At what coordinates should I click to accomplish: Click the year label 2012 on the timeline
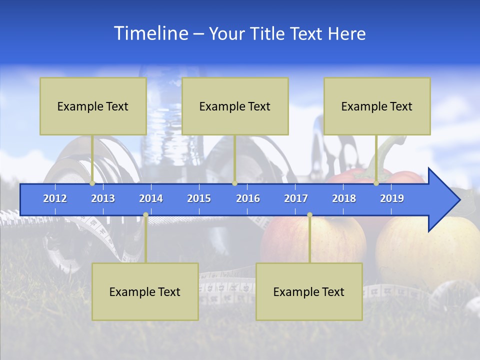[x=55, y=198]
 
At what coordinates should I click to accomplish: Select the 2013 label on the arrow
[x=103, y=198]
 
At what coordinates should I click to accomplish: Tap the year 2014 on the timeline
[x=151, y=198]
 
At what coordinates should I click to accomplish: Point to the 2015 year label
[x=199, y=198]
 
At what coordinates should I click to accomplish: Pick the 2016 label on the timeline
[x=248, y=198]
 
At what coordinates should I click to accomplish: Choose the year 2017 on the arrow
[x=296, y=198]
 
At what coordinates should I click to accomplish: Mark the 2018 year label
[x=344, y=198]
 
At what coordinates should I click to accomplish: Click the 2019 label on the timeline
[x=392, y=198]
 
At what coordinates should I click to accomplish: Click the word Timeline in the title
[x=150, y=33]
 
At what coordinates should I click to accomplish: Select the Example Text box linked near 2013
[x=93, y=106]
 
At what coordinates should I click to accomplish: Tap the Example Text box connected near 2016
[x=235, y=106]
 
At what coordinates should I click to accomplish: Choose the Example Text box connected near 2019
[x=377, y=106]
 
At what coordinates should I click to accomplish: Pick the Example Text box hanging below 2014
[x=145, y=291]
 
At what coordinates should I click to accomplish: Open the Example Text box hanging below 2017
[x=309, y=291]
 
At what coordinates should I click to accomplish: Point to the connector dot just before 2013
[x=92, y=183]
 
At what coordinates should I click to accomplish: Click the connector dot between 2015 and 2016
[x=234, y=183]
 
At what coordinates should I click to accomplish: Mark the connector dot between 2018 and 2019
[x=376, y=183]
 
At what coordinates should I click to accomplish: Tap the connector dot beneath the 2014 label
[x=145, y=215]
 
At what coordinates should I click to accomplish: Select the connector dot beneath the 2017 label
[x=309, y=215]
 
